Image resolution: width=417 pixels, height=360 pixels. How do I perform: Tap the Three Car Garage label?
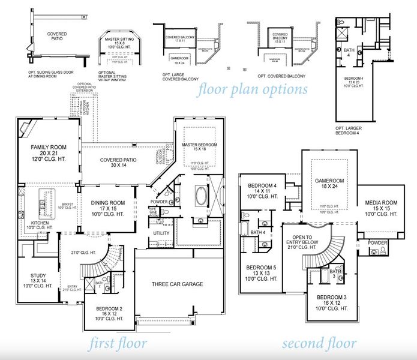point(177,284)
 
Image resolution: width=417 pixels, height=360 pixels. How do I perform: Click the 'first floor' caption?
point(118,343)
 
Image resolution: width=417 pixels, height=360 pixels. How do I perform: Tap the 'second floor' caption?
point(319,343)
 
